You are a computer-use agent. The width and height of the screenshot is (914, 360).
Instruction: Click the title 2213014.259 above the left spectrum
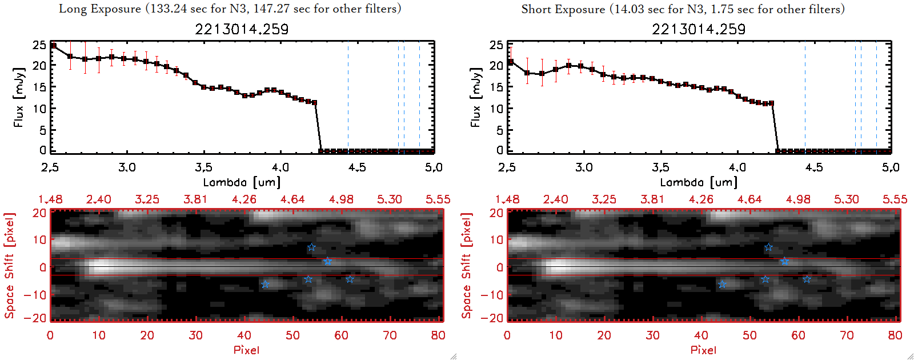[x=242, y=29]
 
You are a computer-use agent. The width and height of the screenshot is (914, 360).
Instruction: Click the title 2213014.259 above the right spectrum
[x=699, y=29]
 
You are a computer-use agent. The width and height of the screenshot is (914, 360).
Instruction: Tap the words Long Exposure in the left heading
[x=100, y=9]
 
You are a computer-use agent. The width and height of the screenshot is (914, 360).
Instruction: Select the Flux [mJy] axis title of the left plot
[x=19, y=97]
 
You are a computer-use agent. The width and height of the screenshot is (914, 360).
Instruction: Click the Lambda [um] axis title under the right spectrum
[x=699, y=182]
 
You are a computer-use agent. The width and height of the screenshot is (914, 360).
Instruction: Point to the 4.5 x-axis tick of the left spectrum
[x=357, y=167]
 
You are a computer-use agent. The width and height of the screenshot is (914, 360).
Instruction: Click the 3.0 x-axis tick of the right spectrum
[x=584, y=167]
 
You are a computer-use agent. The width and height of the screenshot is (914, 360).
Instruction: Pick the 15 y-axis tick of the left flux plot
[x=39, y=87]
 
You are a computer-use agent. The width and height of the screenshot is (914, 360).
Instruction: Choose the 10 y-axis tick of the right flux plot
[x=496, y=109]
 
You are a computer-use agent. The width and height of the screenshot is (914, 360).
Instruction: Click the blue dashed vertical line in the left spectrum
[x=419, y=97]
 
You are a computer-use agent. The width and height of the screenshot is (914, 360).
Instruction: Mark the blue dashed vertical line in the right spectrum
[x=876, y=97]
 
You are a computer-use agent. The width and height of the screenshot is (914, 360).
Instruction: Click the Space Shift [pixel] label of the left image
[x=9, y=266]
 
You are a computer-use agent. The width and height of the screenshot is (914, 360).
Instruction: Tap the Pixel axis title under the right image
[x=703, y=350]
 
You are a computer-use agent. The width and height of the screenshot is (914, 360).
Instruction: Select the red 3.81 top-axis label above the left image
[x=195, y=199]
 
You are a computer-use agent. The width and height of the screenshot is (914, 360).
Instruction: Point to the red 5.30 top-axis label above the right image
[x=847, y=199]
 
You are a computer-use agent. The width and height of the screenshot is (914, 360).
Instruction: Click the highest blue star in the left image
[x=311, y=247]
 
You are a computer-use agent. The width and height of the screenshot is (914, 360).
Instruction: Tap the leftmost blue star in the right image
[x=722, y=284]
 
